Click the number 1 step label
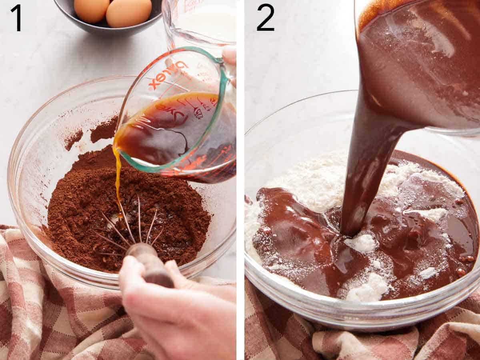(16, 18)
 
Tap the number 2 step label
(265, 18)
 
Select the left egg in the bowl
(92, 10)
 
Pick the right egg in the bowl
(128, 13)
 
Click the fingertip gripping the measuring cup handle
(230, 56)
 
